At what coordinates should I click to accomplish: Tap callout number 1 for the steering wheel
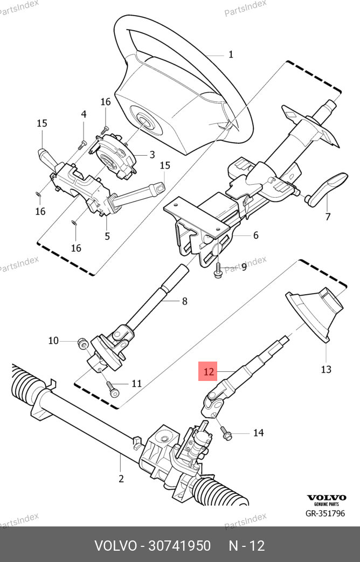pyautogui.click(x=231, y=54)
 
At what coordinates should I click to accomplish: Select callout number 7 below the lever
pyautogui.click(x=328, y=217)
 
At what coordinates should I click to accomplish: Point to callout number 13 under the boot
pyautogui.click(x=326, y=369)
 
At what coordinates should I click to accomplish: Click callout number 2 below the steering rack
pyautogui.click(x=121, y=478)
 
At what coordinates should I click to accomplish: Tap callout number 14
pyautogui.click(x=259, y=433)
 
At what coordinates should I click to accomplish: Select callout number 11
pyautogui.click(x=136, y=384)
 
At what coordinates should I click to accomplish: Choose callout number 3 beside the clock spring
pyautogui.click(x=152, y=155)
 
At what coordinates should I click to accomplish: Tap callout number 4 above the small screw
pyautogui.click(x=84, y=114)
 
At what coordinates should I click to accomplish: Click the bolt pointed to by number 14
pyautogui.click(x=225, y=432)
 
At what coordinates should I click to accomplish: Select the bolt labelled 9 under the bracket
pyautogui.click(x=218, y=269)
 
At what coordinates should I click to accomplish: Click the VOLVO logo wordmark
pyautogui.click(x=327, y=497)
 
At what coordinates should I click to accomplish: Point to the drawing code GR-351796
pyautogui.click(x=325, y=514)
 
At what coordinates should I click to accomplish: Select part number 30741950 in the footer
pyautogui.click(x=179, y=546)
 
